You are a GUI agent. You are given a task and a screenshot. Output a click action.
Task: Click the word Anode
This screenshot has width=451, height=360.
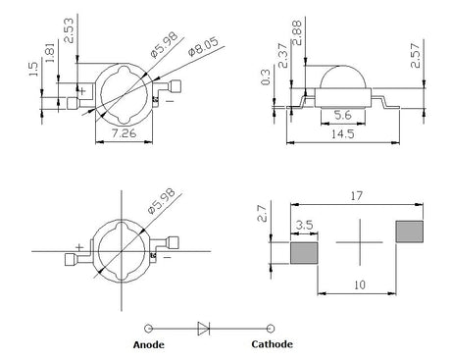pyautogui.click(x=149, y=344)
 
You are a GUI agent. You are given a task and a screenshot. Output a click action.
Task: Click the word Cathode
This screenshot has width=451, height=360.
pyautogui.click(x=272, y=344)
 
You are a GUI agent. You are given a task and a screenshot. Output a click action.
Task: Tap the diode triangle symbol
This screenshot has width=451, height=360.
pyautogui.click(x=204, y=329)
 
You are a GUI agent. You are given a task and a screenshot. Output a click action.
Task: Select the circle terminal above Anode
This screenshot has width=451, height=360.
pyautogui.click(x=148, y=329)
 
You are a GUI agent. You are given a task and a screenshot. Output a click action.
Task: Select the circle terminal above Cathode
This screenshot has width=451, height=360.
pyautogui.click(x=271, y=329)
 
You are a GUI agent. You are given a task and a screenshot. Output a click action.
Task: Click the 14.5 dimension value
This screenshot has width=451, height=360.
pyautogui.click(x=343, y=134)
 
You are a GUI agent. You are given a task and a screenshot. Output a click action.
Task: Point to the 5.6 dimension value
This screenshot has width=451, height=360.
pyautogui.click(x=343, y=115)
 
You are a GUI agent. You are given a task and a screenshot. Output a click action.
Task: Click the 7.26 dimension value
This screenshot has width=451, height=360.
pyautogui.click(x=124, y=133)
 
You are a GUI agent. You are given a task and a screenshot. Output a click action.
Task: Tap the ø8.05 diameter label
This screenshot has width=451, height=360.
pyautogui.click(x=203, y=47)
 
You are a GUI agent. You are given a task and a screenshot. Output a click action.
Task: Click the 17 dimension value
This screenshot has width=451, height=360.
pyautogui.click(x=357, y=196)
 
